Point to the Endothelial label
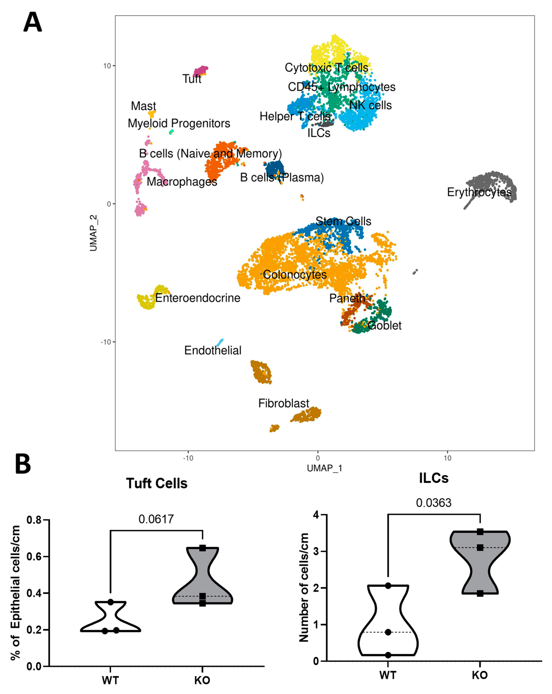click(x=213, y=350)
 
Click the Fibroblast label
click(x=284, y=403)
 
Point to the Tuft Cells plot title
click(x=157, y=484)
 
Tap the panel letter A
click(x=33, y=22)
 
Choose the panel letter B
click(x=23, y=464)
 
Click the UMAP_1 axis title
click(x=324, y=468)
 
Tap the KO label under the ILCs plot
click(x=480, y=675)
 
